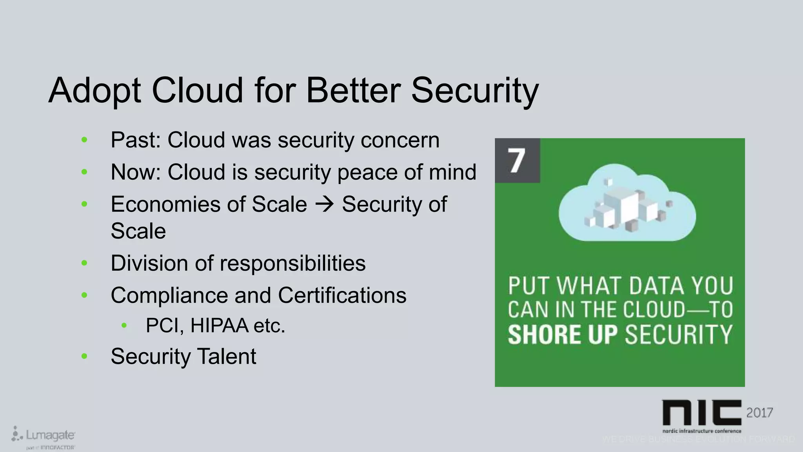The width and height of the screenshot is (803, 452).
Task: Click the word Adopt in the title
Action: (x=94, y=91)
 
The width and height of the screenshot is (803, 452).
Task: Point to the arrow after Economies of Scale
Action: (x=324, y=204)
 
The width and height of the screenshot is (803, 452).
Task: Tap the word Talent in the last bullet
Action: (x=226, y=356)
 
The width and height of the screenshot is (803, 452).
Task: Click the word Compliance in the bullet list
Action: (x=169, y=295)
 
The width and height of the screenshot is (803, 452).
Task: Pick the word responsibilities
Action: (x=292, y=263)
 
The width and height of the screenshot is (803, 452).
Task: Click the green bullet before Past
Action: (x=84, y=140)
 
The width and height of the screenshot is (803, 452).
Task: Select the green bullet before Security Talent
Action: (x=84, y=356)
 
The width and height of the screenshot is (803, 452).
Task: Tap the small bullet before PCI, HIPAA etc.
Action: (x=124, y=325)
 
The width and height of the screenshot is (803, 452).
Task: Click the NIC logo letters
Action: (x=701, y=412)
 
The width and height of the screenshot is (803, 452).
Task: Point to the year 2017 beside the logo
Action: (x=759, y=412)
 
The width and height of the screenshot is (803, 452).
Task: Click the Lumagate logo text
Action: (x=50, y=435)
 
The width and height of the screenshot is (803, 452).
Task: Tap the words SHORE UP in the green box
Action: (x=562, y=334)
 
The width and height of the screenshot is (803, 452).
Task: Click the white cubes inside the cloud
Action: (x=623, y=208)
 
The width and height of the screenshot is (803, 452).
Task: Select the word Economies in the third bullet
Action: (x=164, y=204)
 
